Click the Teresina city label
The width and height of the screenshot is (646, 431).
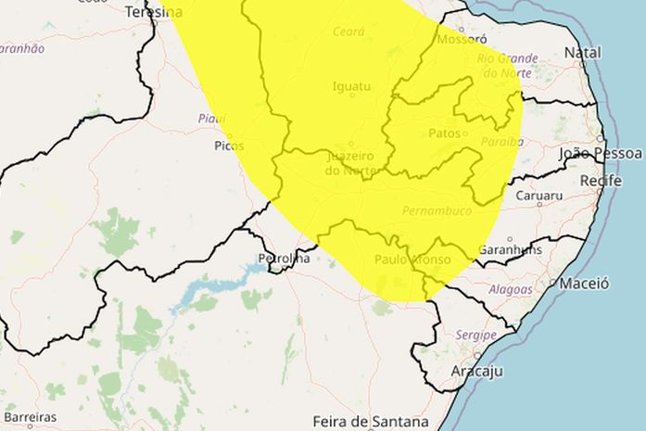tap(153, 12)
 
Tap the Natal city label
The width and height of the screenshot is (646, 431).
tap(583, 52)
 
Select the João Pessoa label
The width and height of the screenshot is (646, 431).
tap(601, 153)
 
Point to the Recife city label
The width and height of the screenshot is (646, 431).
tap(601, 180)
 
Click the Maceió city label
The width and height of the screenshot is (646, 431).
tap(585, 283)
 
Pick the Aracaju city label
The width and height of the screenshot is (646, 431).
tap(476, 371)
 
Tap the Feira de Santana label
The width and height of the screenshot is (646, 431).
tap(371, 421)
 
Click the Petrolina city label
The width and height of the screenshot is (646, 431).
tap(284, 259)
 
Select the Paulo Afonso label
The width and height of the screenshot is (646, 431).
tap(412, 260)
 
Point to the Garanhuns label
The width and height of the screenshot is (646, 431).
tap(511, 249)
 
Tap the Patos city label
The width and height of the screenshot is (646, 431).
tap(445, 133)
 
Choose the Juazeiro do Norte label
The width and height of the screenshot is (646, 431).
tap(350, 163)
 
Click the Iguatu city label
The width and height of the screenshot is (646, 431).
tap(351, 87)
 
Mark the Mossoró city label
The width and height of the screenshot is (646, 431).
tap(461, 40)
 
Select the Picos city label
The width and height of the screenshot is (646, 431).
tap(229, 146)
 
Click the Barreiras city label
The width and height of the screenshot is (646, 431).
tap(29, 417)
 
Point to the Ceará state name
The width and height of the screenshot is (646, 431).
tap(348, 32)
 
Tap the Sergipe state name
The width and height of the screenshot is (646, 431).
tap(476, 334)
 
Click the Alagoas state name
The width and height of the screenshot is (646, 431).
tap(510, 289)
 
